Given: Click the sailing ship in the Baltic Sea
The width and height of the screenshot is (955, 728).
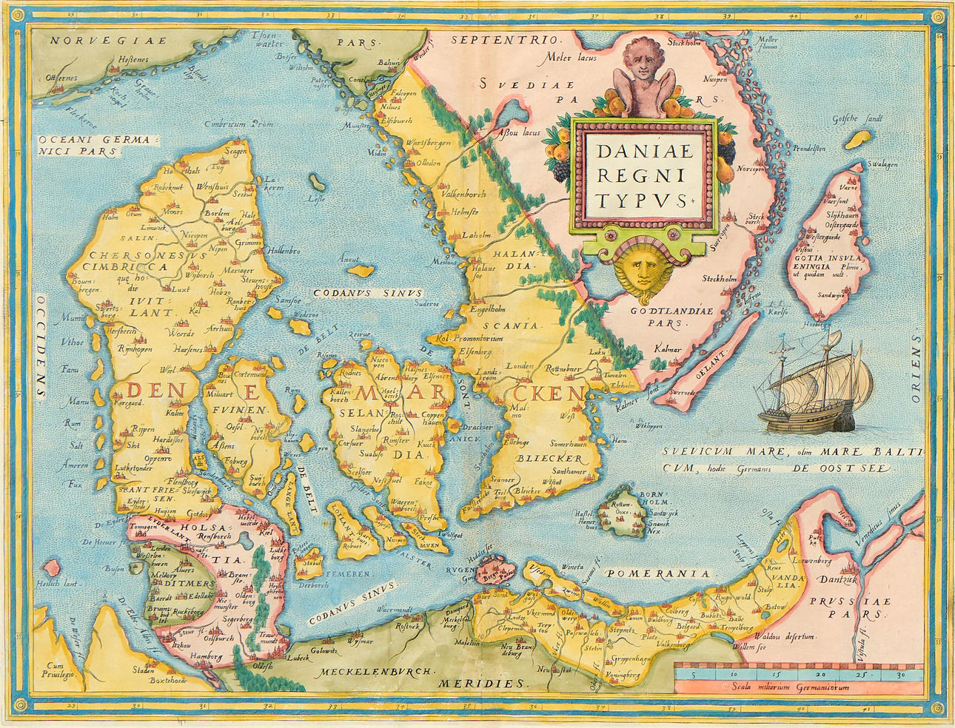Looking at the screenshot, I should click(x=814, y=388).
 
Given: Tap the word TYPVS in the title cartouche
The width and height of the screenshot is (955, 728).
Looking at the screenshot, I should click(x=641, y=200).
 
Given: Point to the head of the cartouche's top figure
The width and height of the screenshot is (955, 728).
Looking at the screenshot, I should click(x=643, y=58).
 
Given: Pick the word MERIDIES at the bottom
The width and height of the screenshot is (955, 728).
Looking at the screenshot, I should click(x=481, y=684).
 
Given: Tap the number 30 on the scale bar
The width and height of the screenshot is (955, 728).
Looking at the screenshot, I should click(x=900, y=675).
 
